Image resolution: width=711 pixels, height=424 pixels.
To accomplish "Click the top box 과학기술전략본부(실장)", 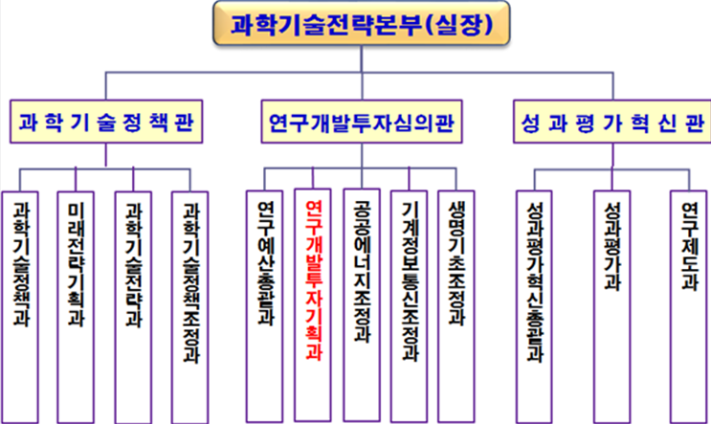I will [355, 26].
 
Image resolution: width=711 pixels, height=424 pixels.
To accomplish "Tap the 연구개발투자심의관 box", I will [360, 123].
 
